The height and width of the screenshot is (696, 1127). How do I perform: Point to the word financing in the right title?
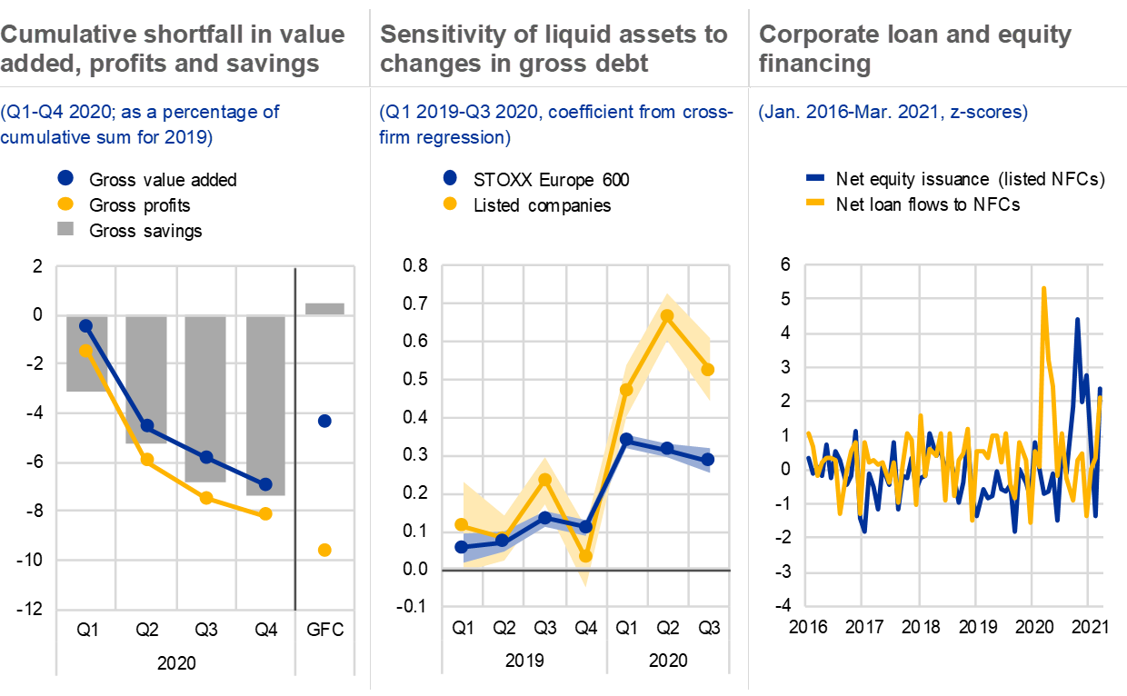pos(814,64)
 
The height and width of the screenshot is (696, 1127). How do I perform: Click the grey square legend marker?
pos(65,228)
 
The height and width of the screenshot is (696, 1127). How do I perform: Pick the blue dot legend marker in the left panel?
pos(65,178)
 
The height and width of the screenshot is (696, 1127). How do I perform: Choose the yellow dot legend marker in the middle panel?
pos(450,204)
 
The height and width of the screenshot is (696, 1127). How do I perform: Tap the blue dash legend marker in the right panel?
pos(815,178)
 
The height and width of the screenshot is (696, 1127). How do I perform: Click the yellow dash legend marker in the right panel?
pos(815,202)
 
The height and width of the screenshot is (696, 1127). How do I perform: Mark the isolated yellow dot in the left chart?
pos(324,550)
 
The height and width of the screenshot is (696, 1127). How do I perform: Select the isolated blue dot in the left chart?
pos(324,421)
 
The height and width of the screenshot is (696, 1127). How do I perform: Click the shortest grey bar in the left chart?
pos(324,309)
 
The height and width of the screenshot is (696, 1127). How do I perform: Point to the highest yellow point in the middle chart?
pos(666,315)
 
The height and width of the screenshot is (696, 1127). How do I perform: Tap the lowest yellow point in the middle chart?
pos(586,556)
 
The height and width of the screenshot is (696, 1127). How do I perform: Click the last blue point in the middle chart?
pos(708,460)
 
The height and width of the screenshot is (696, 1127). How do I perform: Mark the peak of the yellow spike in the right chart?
pos(1043,289)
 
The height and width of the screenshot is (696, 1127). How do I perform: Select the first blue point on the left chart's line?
pos(86,325)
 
